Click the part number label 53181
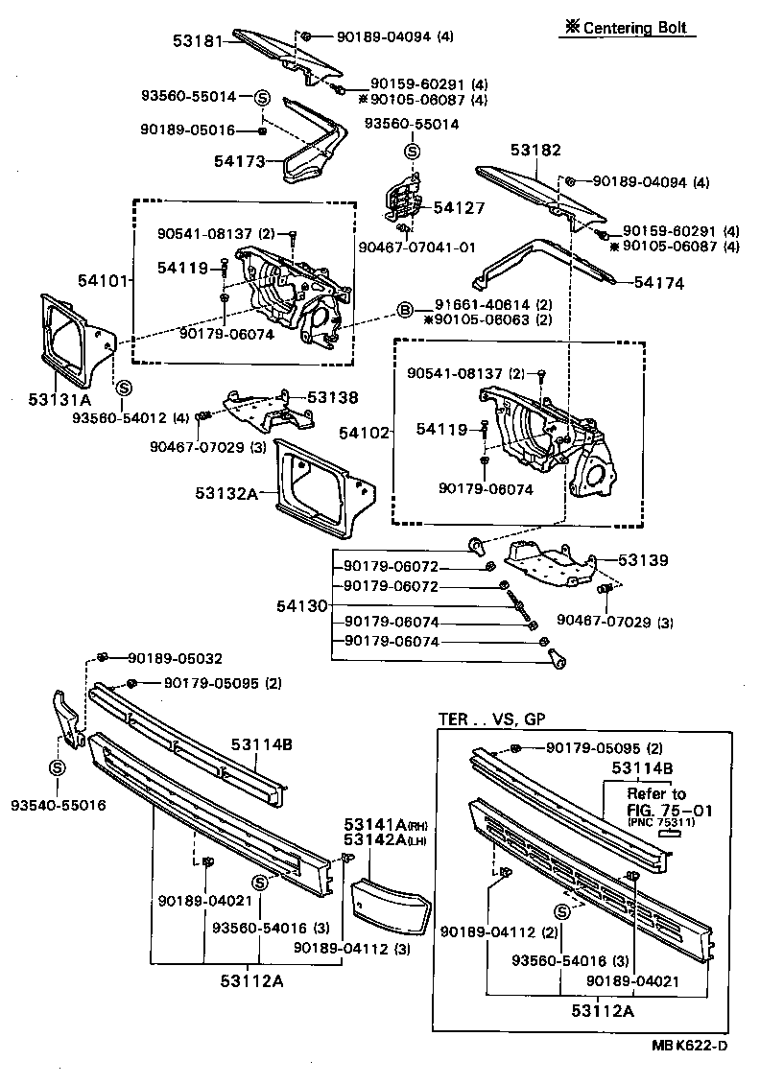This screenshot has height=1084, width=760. coord(198,42)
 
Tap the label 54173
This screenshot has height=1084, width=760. coord(239,162)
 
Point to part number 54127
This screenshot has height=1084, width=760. coord(459,207)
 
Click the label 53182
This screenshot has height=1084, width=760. coord(535,151)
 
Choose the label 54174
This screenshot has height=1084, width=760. coord(658,282)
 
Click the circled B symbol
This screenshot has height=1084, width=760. coord(405,310)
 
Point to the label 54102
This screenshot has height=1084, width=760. coord(365,433)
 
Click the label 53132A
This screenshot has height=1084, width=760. coord(226,492)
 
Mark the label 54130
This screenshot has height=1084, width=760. coord(302,605)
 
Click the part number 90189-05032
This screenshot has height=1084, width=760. coord(169,658)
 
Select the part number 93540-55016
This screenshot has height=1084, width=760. coord(59,804)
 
